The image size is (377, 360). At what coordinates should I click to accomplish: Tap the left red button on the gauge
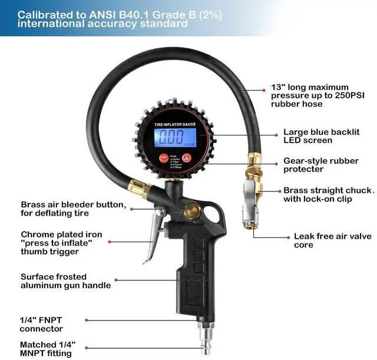(x=164, y=157)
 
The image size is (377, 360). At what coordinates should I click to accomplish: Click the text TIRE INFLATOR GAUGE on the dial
(x=176, y=124)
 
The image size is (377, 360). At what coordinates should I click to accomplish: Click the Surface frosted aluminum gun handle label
(x=65, y=280)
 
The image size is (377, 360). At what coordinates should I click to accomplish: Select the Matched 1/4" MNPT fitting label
(x=48, y=349)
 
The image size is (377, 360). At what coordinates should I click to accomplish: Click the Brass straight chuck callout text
(x=328, y=194)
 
